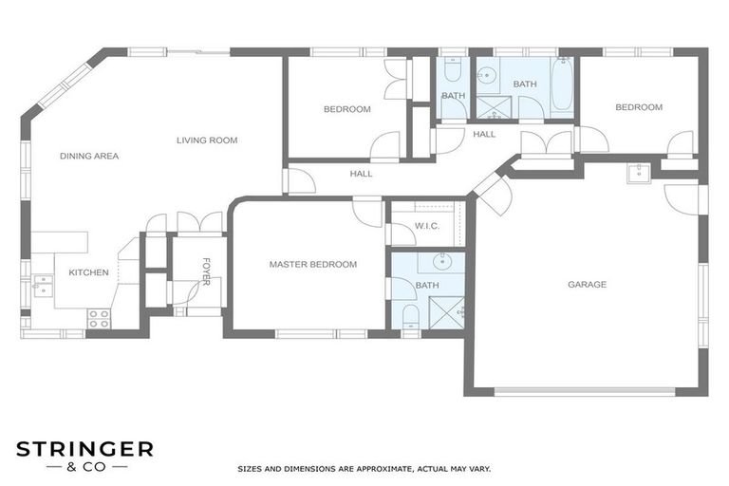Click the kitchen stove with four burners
tap(99, 318)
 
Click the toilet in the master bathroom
tap(409, 316)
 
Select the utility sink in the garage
tap(639, 172)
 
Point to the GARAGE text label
tap(587, 284)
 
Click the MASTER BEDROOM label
tap(312, 264)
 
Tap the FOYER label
tap(205, 271)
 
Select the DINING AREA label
tap(89, 156)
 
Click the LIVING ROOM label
tap(206, 140)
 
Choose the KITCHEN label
tap(88, 272)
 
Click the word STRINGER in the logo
tap(84, 449)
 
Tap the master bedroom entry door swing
tap(366, 212)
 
